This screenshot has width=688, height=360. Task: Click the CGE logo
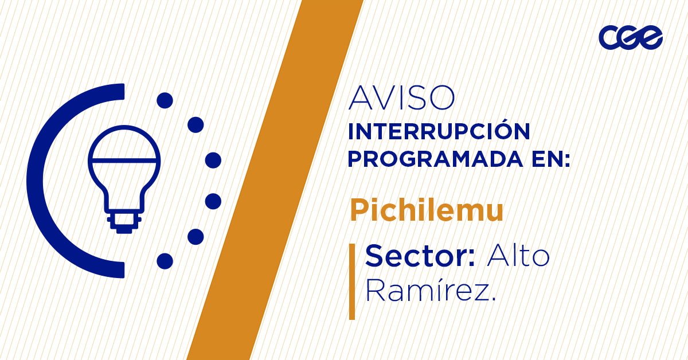pos(630,38)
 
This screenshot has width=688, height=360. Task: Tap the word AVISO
pos(401,98)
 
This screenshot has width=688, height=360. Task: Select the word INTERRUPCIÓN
pos(439,132)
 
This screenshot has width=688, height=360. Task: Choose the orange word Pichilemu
pos(427,211)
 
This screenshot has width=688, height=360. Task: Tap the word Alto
pos(518,256)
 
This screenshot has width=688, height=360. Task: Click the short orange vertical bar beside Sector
pos(352,281)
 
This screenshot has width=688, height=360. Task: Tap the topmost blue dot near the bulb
pos(165,100)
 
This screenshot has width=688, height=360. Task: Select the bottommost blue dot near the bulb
pos(165,261)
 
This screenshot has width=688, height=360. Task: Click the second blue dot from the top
pos(196,124)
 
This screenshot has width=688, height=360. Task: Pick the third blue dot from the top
pos(213,160)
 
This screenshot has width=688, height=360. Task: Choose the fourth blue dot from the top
pos(213,201)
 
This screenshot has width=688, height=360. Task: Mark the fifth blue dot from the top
pos(196,237)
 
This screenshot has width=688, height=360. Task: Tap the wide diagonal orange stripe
pos(275,180)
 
